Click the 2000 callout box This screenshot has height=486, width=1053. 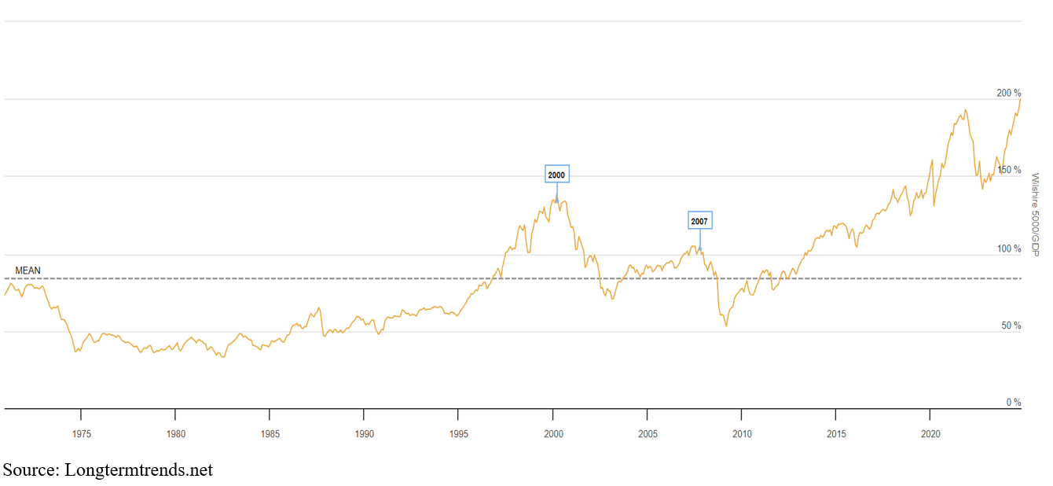pyautogui.click(x=556, y=174)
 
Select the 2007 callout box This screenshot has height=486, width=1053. pyautogui.click(x=699, y=221)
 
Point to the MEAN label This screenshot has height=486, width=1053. pyautogui.click(x=28, y=271)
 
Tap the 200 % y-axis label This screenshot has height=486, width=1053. pyautogui.click(x=1008, y=94)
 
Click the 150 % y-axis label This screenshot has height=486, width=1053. pyautogui.click(x=1008, y=170)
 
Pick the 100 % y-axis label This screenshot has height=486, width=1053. pyautogui.click(x=1008, y=249)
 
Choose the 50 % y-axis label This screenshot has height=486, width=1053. pyautogui.click(x=1011, y=326)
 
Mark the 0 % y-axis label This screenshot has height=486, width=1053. pyautogui.click(x=1013, y=402)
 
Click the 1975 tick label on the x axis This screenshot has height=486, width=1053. pyautogui.click(x=80, y=433)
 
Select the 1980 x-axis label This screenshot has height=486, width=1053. pyautogui.click(x=175, y=433)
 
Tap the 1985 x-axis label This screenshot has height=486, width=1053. pyautogui.click(x=270, y=433)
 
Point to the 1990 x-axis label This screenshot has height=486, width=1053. pyautogui.click(x=364, y=433)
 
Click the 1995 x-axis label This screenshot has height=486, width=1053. pyautogui.click(x=459, y=433)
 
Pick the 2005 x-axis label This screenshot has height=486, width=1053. pyautogui.click(x=648, y=433)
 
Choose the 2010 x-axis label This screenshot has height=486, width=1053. pyautogui.click(x=742, y=433)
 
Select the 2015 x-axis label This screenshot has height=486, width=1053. pyautogui.click(x=836, y=433)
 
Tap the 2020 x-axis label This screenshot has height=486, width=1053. pyautogui.click(x=930, y=433)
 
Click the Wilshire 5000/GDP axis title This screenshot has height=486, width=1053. pyautogui.click(x=1035, y=214)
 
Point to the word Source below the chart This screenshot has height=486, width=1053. pyautogui.click(x=29, y=470)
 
